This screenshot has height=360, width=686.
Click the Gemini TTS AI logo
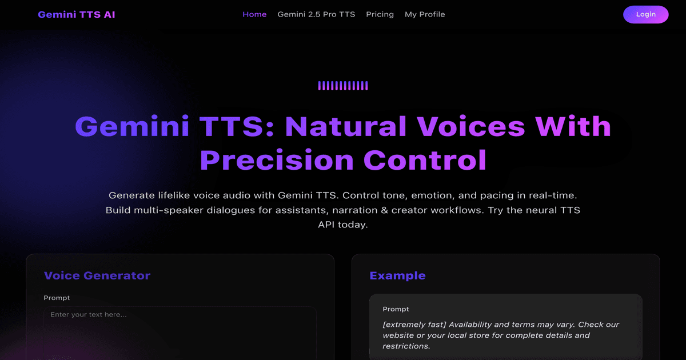click(76, 14)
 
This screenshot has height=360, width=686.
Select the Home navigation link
click(254, 14)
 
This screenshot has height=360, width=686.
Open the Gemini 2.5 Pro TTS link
click(316, 14)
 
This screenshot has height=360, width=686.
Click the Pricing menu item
click(380, 14)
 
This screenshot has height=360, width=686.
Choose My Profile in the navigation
click(425, 14)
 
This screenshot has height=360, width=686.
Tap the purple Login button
click(645, 14)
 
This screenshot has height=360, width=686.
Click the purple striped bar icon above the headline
click(343, 86)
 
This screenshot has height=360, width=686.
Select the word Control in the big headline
click(425, 160)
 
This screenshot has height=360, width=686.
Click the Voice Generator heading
click(97, 275)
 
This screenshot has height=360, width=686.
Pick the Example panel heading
click(397, 275)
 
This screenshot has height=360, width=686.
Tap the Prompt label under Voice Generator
click(57, 298)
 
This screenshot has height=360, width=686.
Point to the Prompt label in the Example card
click(396, 309)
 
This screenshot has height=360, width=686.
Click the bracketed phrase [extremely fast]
click(414, 325)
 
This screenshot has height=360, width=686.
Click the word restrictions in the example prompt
click(406, 346)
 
